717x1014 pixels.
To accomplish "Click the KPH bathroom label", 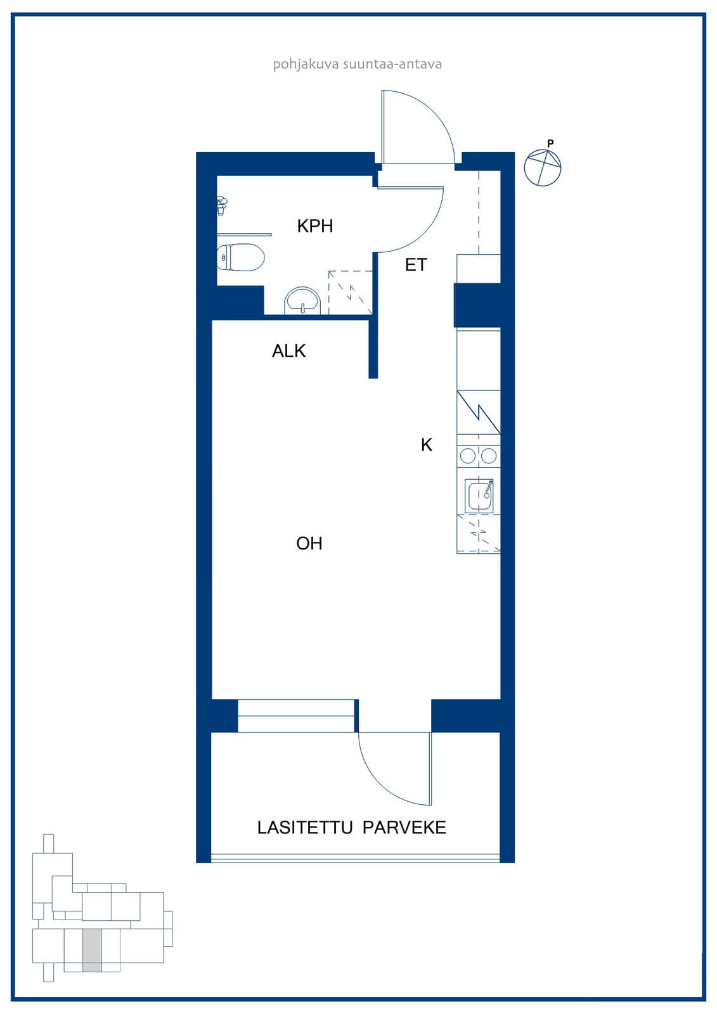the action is (x=315, y=226).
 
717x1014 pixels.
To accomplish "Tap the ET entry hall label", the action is (x=416, y=265).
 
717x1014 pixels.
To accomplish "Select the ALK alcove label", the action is (x=288, y=351).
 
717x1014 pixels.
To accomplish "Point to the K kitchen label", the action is (x=426, y=445).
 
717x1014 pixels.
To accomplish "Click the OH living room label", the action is (x=309, y=543).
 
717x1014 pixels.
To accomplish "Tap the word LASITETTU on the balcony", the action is (x=305, y=828).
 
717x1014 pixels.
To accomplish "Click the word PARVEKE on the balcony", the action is (x=404, y=828).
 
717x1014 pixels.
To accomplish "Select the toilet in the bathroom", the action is (x=240, y=257).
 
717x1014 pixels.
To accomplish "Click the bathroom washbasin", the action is (x=302, y=300).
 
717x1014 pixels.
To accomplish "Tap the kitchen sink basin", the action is (x=479, y=496).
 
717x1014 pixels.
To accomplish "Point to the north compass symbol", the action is (x=543, y=167).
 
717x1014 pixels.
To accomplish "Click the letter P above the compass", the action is (x=550, y=143).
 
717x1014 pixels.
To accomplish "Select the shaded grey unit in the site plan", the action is (x=92, y=950).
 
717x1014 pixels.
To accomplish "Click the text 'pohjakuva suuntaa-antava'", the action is (x=358, y=64).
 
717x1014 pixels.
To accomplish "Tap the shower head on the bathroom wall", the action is (x=222, y=205).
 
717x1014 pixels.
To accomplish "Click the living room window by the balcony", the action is (x=296, y=716).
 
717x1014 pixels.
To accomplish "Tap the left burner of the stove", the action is (x=468, y=456).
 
